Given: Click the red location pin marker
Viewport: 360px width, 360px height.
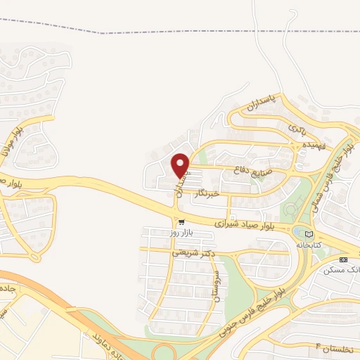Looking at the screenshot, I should click(x=181, y=165).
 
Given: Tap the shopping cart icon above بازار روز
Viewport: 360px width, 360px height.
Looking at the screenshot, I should click(x=182, y=221).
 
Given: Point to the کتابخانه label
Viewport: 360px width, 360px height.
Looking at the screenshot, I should click(x=307, y=244).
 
